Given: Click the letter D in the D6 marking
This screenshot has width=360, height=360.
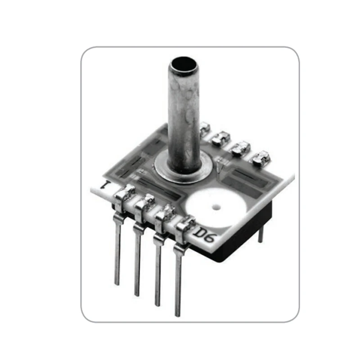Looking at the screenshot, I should point(200,233).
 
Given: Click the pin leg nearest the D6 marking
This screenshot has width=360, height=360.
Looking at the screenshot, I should point(179,279).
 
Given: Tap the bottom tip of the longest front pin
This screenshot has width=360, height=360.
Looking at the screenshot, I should point(179,314).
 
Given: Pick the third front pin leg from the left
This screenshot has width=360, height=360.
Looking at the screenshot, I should point(157,270).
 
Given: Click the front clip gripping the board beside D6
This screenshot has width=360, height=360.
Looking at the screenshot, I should point(184,229).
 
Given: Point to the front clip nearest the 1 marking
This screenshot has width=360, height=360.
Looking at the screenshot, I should point(122,198).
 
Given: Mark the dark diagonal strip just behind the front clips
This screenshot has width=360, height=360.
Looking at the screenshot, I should point(157,189).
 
